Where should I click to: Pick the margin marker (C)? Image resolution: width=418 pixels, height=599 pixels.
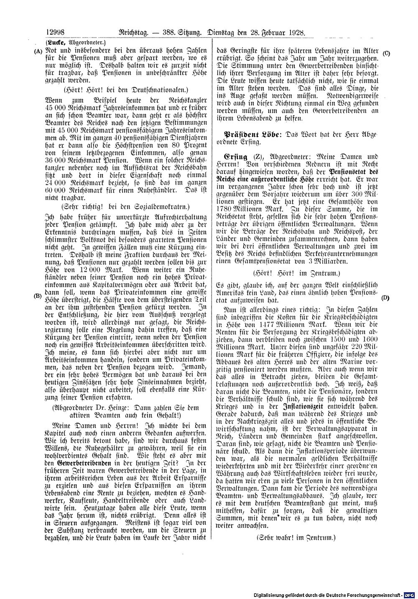click(386, 53)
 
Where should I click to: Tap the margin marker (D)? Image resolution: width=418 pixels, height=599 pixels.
click(385, 298)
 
